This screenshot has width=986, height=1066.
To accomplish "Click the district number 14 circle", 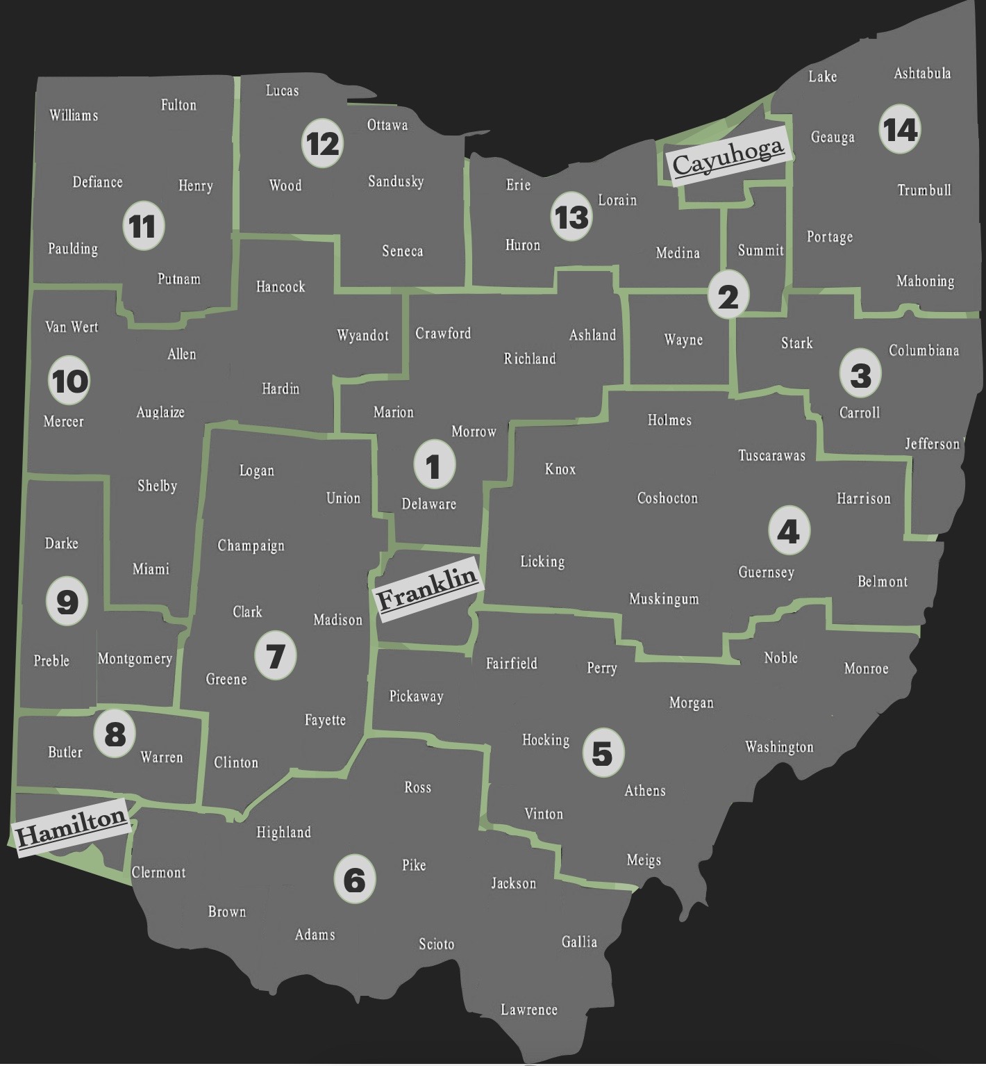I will point(900,129).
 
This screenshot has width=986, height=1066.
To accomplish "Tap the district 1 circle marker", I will point(434,466).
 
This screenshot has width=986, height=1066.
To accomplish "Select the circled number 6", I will point(354,880).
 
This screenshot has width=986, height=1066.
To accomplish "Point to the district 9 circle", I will point(67,601).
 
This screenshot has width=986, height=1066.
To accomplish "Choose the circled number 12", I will point(323,144).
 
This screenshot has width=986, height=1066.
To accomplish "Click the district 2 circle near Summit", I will point(728,296).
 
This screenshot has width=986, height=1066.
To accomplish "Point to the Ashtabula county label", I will point(922,73).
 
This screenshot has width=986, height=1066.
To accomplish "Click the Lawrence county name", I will point(529,1009).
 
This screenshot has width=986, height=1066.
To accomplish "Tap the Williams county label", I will point(74,115).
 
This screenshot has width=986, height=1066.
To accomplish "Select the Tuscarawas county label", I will point(771,456).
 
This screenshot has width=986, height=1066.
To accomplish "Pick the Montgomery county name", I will point(135,658).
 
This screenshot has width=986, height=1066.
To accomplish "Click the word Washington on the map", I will point(779,747).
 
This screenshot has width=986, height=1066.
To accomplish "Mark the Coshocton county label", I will point(667,498).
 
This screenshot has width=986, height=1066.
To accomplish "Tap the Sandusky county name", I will point(396,181).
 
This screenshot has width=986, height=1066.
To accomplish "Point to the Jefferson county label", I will point(932,443).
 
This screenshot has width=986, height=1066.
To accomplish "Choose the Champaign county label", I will point(251,546).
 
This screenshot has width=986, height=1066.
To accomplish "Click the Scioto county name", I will point(436,944).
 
